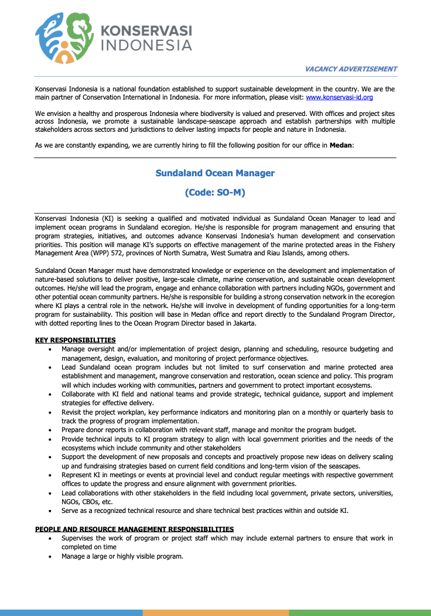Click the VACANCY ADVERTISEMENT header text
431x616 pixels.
(x=351, y=69)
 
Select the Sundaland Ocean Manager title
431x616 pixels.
(x=215, y=173)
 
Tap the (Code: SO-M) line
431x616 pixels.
(x=215, y=192)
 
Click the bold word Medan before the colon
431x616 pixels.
(x=341, y=145)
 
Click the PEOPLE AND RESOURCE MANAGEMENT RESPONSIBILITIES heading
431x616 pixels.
(x=134, y=529)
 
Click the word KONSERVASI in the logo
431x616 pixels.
(x=147, y=30)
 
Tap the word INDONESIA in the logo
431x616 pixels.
(x=147, y=45)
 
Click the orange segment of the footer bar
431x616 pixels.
(x=215, y=612)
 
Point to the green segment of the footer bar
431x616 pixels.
(x=360, y=612)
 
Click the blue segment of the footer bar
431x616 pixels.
(x=71, y=612)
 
